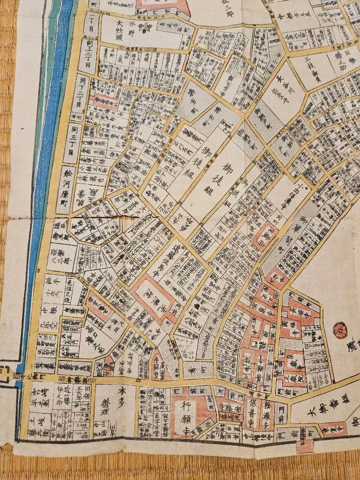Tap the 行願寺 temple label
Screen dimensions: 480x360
point(183,417)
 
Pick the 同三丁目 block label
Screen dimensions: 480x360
point(72,143)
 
